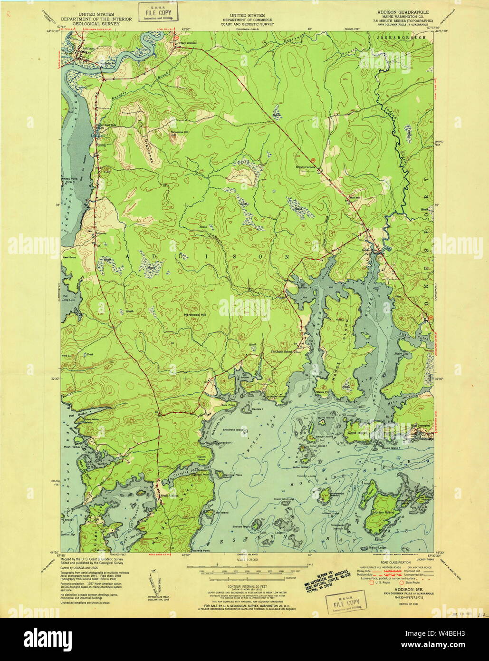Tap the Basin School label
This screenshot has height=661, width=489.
(x=281, y=352)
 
